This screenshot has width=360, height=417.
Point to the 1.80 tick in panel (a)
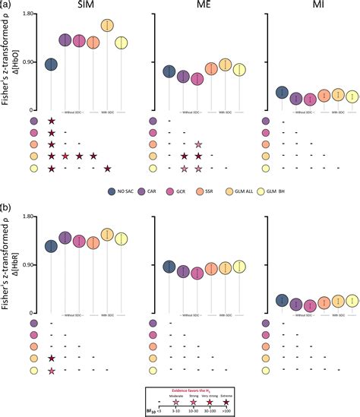tap(28, 14)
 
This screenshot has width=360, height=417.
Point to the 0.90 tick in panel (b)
tap(28, 265)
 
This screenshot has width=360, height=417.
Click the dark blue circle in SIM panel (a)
tap(51, 65)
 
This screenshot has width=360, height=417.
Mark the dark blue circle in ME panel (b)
tap(169, 267)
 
